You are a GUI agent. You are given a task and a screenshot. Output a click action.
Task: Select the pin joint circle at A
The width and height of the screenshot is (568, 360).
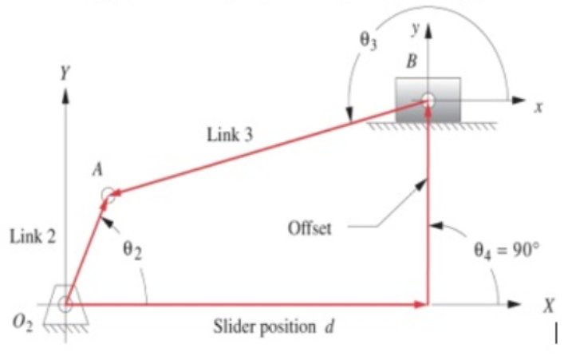tap(108, 195)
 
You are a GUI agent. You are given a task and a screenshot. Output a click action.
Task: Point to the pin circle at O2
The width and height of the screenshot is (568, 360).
tap(65, 304)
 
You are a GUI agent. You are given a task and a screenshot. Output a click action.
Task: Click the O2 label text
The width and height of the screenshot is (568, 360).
tap(22, 322)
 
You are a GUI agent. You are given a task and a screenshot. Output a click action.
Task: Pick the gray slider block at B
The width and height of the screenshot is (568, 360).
tap(428, 100)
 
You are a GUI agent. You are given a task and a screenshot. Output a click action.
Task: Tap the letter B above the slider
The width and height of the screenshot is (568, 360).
tap(412, 61)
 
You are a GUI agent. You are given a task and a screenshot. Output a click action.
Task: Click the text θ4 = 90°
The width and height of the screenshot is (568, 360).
tap(506, 249)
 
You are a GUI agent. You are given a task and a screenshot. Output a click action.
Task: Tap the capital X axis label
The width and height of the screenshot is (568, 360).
tap(547, 305)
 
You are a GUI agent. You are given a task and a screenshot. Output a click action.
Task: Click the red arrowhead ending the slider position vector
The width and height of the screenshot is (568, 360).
tap(421, 304)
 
